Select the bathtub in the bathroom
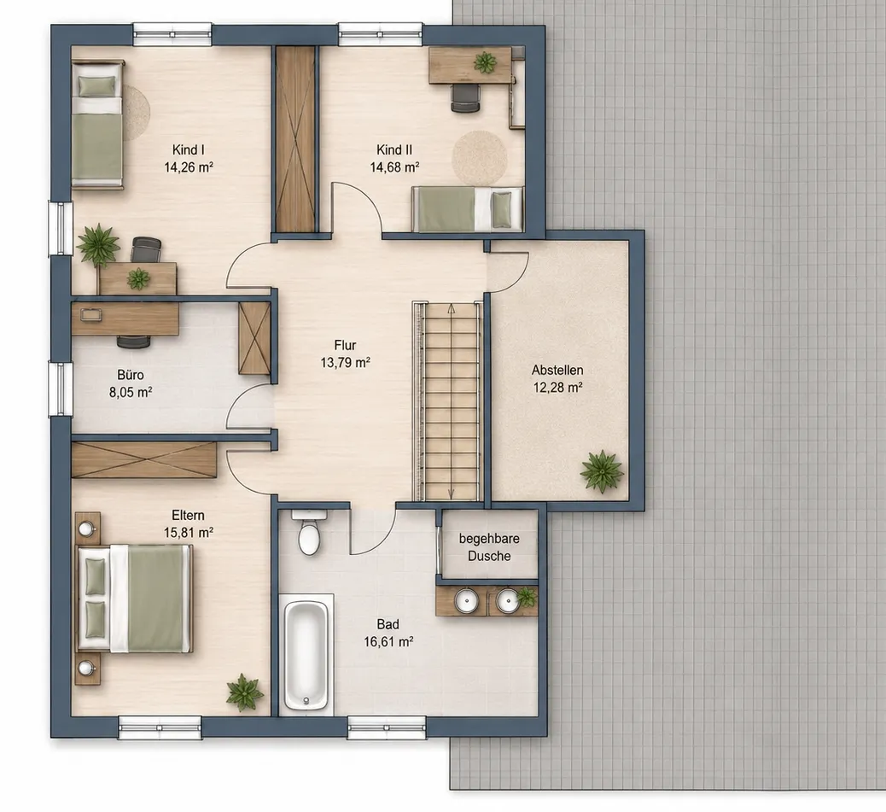click(x=305, y=656)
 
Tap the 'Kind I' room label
click(x=188, y=149)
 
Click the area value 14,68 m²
click(x=394, y=167)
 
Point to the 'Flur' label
click(x=345, y=345)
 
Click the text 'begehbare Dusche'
click(x=489, y=547)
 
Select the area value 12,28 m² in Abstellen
click(x=557, y=388)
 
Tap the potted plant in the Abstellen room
click(x=602, y=470)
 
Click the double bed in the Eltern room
click(x=135, y=599)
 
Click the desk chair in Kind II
click(x=465, y=98)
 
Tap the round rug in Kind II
click(x=480, y=158)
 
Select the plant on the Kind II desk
click(x=485, y=62)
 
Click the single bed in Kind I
click(x=97, y=124)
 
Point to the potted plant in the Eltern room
click(x=245, y=692)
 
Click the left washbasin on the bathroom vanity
click(x=467, y=599)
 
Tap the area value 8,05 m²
click(x=131, y=392)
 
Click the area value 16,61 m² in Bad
click(x=388, y=642)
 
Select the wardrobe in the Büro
click(x=254, y=338)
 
